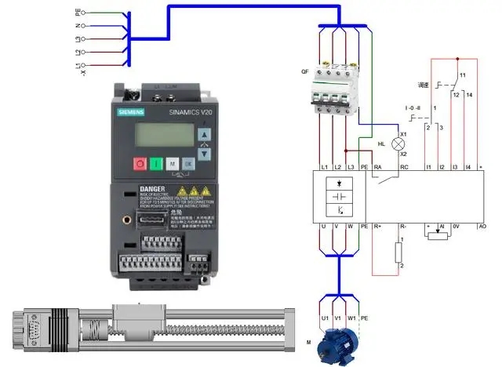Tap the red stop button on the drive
(140, 164)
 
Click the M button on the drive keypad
(173, 164)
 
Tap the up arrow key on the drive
(204, 134)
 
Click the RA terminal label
(377, 168)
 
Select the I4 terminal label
(467, 168)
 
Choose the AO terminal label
(482, 227)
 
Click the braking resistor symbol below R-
(398, 253)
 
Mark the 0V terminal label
(457, 227)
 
